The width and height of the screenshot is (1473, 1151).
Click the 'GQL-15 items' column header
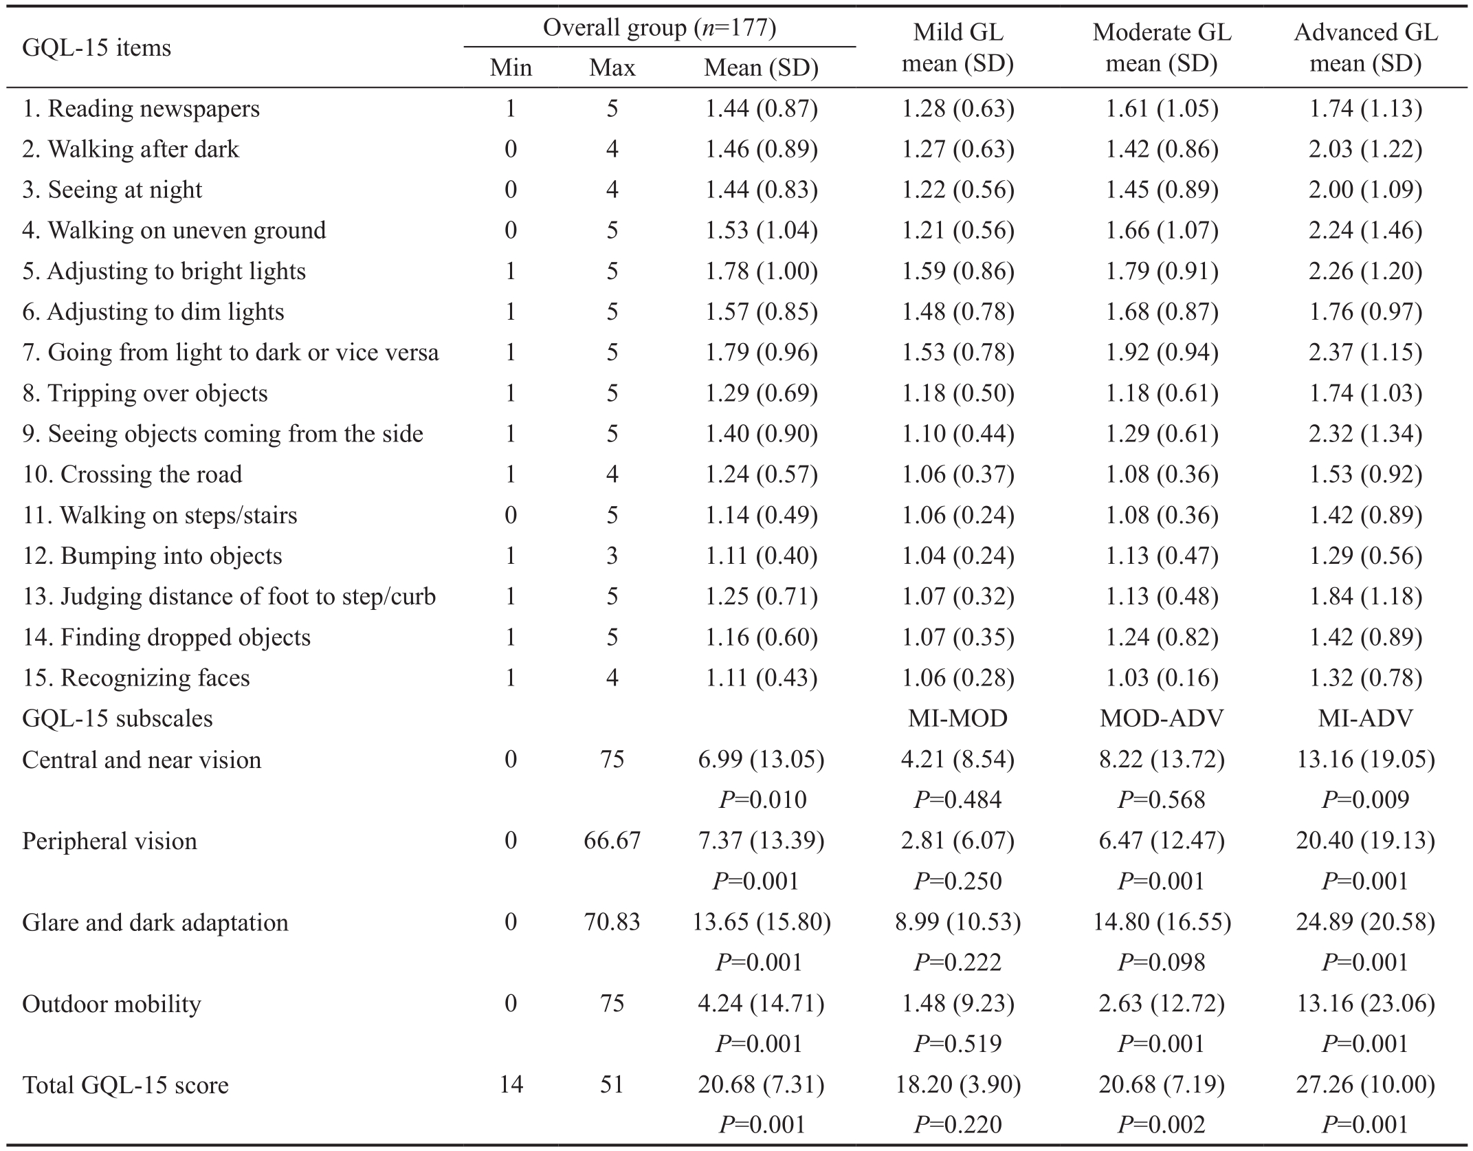97,48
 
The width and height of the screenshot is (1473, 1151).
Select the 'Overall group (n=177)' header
659,28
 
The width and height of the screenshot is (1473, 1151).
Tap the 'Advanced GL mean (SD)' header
1366,48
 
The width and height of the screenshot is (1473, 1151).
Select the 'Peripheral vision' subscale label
109,841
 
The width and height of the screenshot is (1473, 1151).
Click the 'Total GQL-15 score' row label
126,1085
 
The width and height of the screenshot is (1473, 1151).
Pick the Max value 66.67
612,840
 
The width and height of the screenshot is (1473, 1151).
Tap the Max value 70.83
612,921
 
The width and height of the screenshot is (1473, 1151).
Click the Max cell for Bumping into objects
612,556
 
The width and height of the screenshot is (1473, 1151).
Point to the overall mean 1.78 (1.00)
762,271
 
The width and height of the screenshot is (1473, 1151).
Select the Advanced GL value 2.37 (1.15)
1366,352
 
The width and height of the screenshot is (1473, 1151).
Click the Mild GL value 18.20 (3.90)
958,1085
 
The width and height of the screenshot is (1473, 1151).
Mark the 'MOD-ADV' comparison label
1162,719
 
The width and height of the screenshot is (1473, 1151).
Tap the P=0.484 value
958,800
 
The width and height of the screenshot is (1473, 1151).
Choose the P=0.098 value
1162,962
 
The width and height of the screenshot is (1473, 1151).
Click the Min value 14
511,1084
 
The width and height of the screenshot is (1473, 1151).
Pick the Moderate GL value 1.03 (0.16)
1162,678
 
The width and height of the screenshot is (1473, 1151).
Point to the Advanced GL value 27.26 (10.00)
1366,1085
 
